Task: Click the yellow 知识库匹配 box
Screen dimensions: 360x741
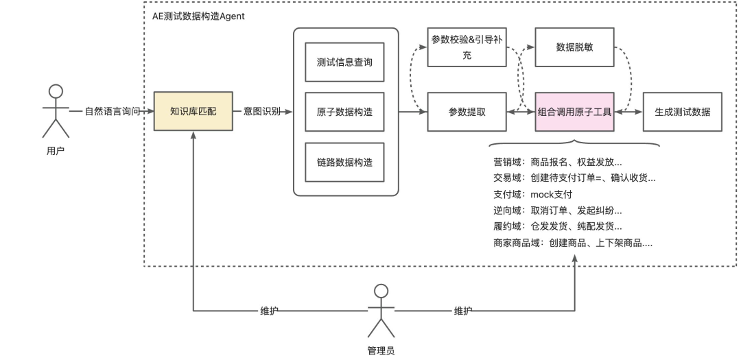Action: (193, 110)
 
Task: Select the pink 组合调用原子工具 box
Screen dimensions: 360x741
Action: (574, 111)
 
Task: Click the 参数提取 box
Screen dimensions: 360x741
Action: (467, 111)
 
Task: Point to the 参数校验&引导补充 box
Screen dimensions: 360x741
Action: (467, 47)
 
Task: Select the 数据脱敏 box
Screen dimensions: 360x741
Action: (574, 47)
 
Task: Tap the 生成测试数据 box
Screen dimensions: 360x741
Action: (682, 111)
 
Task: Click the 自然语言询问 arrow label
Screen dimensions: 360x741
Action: (113, 110)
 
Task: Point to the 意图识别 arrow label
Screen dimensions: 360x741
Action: (261, 110)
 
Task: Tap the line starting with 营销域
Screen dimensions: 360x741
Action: (557, 163)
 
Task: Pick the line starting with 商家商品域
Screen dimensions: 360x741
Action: (572, 242)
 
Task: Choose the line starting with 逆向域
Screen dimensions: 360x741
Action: (557, 210)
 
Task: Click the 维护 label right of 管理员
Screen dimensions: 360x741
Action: (463, 310)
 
